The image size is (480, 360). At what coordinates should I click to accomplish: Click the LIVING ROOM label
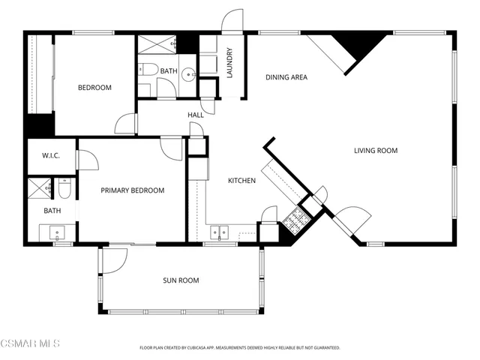[x=376, y=151]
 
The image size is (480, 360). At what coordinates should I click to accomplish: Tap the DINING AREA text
[x=286, y=77]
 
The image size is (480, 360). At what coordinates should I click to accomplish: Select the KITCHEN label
[x=241, y=181]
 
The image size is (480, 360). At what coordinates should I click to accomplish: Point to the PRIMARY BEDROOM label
[x=132, y=190]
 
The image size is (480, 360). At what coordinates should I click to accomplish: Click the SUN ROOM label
[x=181, y=280]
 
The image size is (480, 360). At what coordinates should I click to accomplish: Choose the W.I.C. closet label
[x=50, y=156]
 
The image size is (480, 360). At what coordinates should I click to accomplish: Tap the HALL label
[x=195, y=115]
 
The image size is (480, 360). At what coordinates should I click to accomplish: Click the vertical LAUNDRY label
[x=230, y=63]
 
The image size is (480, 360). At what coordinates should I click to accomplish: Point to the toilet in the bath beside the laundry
[x=148, y=71]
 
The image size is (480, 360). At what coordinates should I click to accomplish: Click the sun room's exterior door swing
[x=113, y=260]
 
